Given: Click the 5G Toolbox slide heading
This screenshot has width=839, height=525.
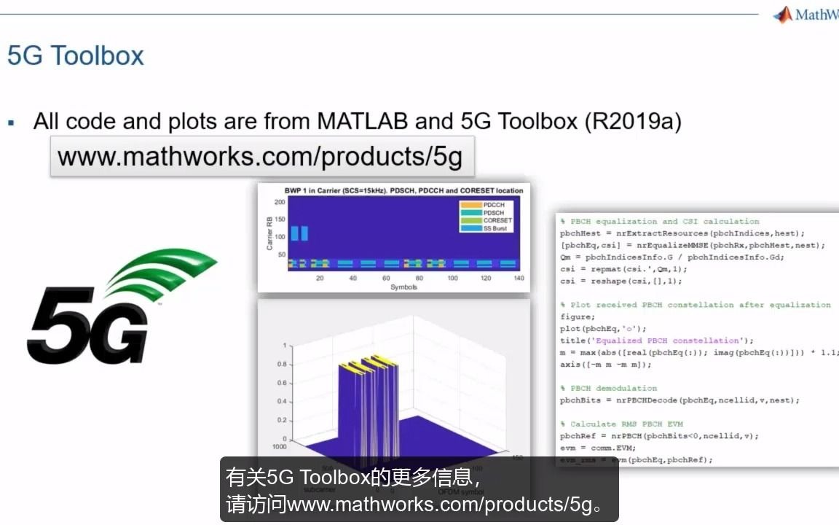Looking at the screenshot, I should coord(76,56).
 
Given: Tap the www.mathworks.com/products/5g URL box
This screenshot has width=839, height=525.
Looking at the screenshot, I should coord(261,157).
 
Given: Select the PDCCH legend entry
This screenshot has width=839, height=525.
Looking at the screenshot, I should coord(493,205).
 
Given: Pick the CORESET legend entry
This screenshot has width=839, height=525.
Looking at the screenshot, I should coord(497,220).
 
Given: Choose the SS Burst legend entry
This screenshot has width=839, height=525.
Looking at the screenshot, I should coord(495,228).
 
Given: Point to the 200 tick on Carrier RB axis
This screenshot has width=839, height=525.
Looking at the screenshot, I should coord(279,201).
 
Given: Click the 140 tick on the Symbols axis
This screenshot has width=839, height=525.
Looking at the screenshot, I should coord(518,279).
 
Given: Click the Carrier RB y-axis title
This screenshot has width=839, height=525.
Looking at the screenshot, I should coord(269,233).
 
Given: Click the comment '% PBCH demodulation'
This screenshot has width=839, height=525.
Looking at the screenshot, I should coord(609,388).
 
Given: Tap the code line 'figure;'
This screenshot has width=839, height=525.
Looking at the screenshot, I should coord(578,317).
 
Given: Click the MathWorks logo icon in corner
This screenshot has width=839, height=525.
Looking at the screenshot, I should coord(783,14).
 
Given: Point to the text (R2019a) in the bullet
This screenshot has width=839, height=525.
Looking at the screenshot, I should coord(633,121).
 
